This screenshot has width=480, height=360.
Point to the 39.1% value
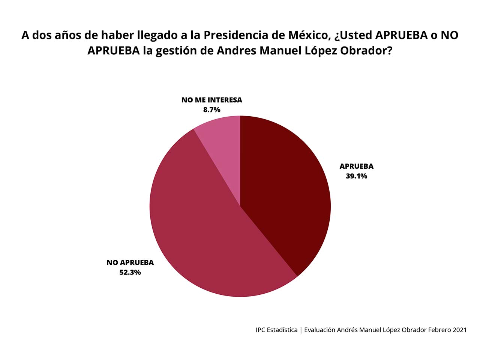click(356, 176)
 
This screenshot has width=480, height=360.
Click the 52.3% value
click(130, 272)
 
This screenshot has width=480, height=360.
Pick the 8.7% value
click(211, 110)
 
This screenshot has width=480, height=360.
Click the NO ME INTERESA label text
click(211, 100)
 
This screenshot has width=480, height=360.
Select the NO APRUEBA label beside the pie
click(130, 262)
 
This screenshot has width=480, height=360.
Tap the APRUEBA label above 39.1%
click(356, 166)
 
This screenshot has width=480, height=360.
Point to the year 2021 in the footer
click(459, 330)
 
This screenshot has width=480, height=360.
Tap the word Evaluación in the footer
click(319, 330)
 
